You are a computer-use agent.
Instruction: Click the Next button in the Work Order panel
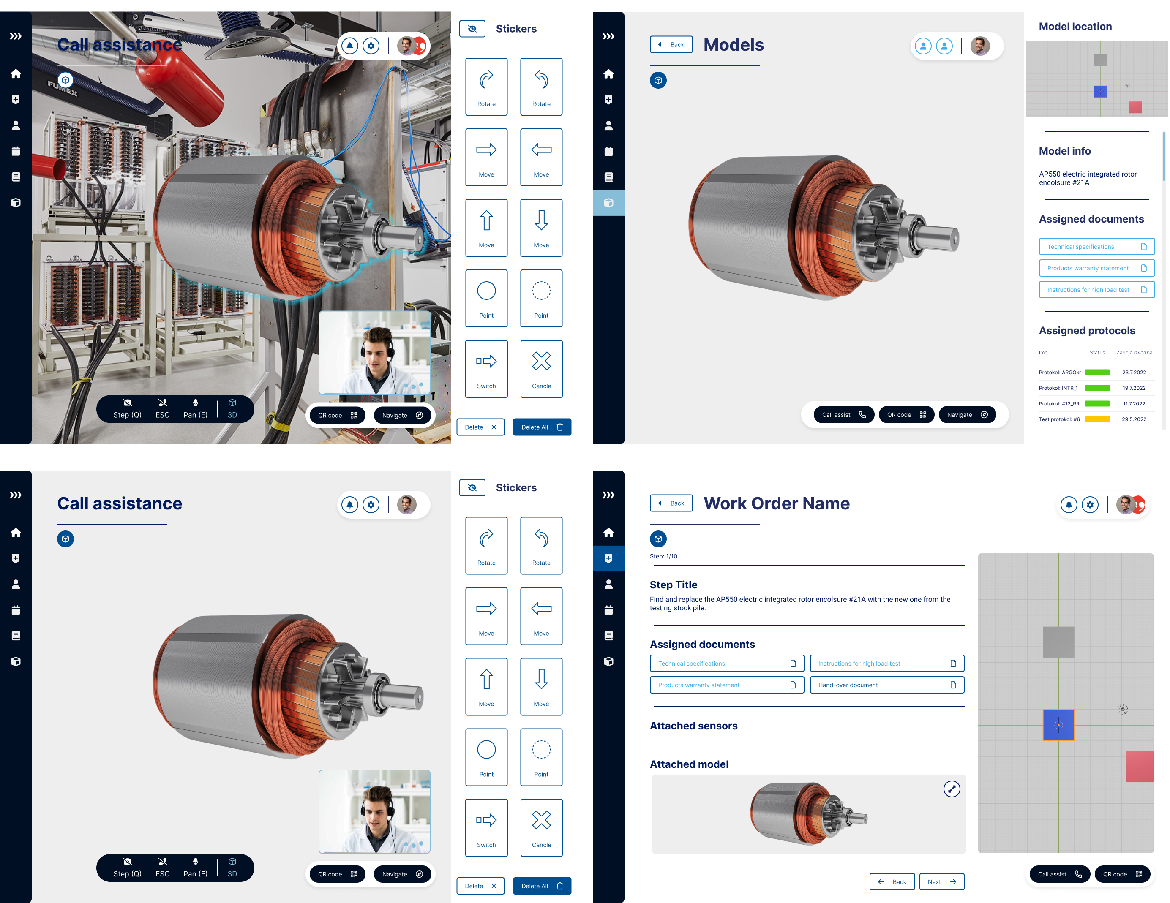941,881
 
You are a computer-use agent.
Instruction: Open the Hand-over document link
886,685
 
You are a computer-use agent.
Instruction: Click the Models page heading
734,45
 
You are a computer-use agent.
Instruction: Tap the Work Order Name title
776,503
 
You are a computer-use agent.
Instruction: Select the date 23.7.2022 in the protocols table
1134,372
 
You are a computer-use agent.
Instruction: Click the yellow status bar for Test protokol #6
1097,419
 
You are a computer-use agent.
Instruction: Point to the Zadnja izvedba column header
1134,352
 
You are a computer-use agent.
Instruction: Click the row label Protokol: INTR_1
1058,388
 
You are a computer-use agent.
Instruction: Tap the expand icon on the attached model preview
952,789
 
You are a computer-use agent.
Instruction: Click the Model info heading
1064,151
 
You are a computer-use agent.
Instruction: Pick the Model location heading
1075,26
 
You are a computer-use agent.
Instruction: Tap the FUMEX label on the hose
63,88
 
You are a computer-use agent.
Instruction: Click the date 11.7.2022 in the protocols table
1134,404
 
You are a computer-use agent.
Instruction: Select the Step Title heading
674,585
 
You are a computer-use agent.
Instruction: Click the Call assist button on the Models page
844,415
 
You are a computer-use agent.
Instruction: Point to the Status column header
1097,352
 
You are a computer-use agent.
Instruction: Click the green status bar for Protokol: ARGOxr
1097,372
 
